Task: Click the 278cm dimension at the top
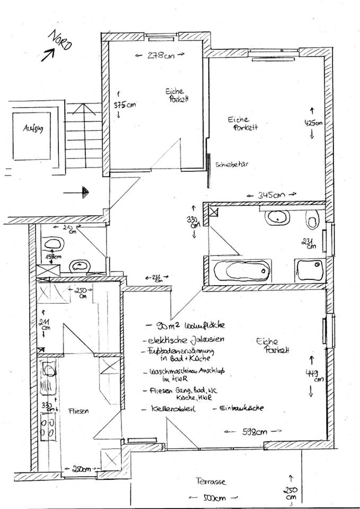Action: tap(160, 54)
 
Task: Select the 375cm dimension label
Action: tap(125, 104)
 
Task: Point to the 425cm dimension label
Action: tap(312, 122)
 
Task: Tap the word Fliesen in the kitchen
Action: tap(78, 411)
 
